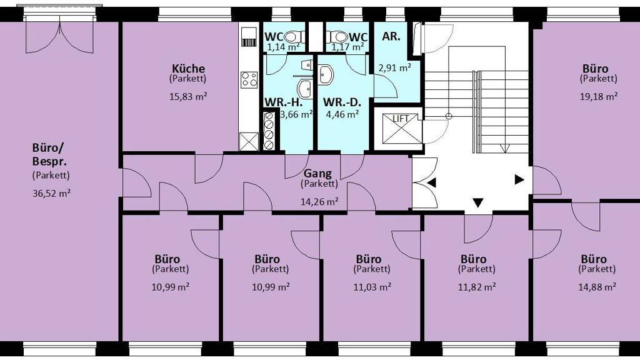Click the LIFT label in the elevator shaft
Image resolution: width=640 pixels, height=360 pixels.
pyautogui.click(x=401, y=119)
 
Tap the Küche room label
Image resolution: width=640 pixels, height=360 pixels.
pyautogui.click(x=188, y=68)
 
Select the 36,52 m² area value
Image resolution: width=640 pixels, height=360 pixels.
pyautogui.click(x=51, y=193)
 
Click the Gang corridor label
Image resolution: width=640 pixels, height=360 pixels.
pyautogui.click(x=317, y=174)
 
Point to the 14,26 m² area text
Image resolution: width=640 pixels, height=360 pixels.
pyautogui.click(x=319, y=201)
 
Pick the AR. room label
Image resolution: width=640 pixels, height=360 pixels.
pyautogui.click(x=391, y=36)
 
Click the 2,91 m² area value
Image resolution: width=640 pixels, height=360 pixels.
pyautogui.click(x=394, y=67)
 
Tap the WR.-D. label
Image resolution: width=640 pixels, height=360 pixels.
pyautogui.click(x=342, y=102)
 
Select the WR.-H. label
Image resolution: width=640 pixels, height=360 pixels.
pyautogui.click(x=283, y=102)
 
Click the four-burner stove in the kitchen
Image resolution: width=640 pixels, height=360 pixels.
pyautogui.click(x=249, y=79)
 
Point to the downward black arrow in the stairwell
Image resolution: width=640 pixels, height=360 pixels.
pyautogui.click(x=478, y=202)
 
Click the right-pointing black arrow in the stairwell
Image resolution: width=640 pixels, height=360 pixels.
pyautogui.click(x=519, y=179)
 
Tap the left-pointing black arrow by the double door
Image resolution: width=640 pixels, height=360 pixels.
pyautogui.click(x=431, y=183)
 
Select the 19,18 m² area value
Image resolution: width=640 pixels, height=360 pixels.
pyautogui.click(x=598, y=97)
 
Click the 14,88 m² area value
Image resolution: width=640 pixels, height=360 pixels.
pyautogui.click(x=597, y=287)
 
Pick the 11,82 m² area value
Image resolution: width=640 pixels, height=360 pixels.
pyautogui.click(x=477, y=287)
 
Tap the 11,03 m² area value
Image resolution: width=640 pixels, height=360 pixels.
pyautogui.click(x=372, y=287)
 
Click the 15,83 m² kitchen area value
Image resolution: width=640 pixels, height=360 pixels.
pyautogui.click(x=188, y=97)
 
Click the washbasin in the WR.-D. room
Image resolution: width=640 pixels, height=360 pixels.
pyautogui.click(x=326, y=75)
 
